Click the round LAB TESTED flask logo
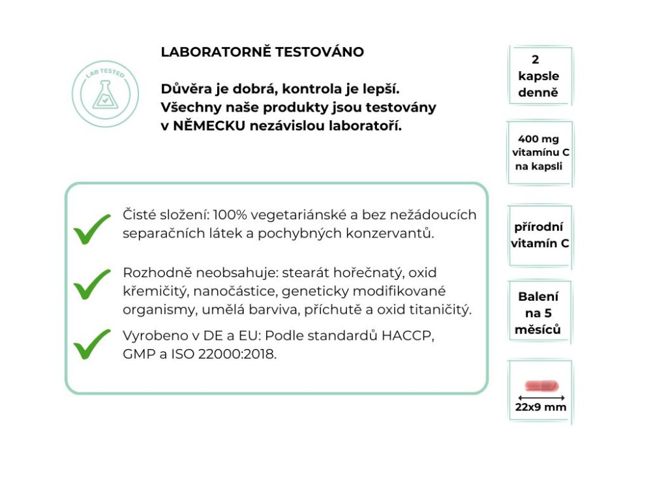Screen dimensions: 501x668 click(104, 93)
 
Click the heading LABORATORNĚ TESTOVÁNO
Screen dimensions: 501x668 click(262, 52)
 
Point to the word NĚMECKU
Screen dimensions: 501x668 click(208, 126)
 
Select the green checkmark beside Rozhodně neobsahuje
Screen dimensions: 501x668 click(92, 284)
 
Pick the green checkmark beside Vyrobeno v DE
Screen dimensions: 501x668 click(92, 344)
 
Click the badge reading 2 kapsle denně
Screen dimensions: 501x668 click(539, 76)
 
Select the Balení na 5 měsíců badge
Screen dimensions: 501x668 click(538, 313)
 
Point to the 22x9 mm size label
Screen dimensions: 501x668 click(541, 408)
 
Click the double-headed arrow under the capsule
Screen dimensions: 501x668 click(541, 397)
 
